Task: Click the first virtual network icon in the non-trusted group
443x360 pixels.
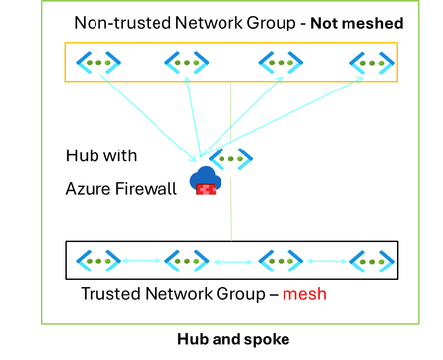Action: coord(98,63)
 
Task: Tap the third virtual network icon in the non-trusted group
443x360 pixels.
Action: coord(278,63)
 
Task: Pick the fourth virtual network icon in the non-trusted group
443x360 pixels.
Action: coord(371,63)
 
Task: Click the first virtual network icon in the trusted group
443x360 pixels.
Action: coord(97,261)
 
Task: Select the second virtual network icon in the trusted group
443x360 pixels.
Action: coord(186,261)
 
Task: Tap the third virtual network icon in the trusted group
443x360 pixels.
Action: coord(279,261)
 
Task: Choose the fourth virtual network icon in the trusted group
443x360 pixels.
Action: coord(371,261)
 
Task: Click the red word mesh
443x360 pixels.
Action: coord(305,294)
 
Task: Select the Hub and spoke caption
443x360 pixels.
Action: coord(222,339)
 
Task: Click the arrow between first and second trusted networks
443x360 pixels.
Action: coord(142,261)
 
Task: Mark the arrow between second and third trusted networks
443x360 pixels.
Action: coord(232,262)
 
